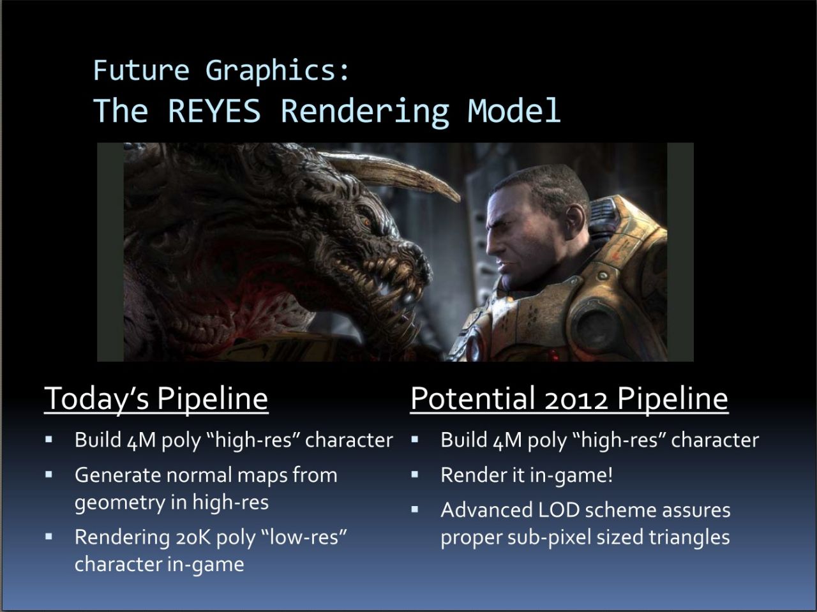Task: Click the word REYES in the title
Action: click(x=214, y=110)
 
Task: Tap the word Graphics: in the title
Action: click(x=277, y=71)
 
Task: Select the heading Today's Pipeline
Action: click(x=156, y=399)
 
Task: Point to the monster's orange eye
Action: click(x=366, y=223)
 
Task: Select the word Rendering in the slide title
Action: click(x=364, y=112)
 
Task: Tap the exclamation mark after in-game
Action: click(x=610, y=475)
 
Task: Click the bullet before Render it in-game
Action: click(x=415, y=474)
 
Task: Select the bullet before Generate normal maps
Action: click(x=49, y=474)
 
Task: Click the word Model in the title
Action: click(x=514, y=110)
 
